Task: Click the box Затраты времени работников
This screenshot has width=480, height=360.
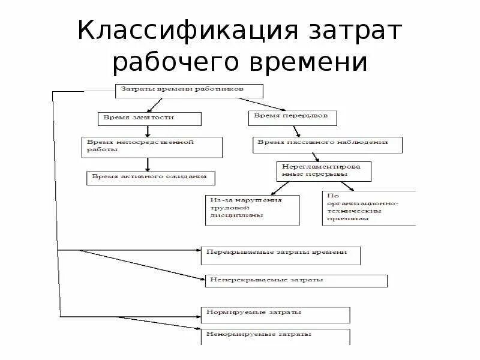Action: tap(189, 91)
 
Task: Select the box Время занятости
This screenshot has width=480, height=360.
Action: tap(149, 118)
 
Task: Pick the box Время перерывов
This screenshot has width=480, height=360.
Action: tap(291, 118)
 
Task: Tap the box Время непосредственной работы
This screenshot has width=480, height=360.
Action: tap(152, 147)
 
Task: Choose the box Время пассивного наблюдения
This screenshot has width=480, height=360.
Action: tap(327, 145)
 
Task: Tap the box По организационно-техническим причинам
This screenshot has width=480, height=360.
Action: tap(368, 208)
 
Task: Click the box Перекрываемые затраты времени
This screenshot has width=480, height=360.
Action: tap(281, 255)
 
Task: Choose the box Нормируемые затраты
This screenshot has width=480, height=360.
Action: tap(275, 315)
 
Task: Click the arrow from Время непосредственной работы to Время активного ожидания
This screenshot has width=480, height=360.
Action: tap(148, 164)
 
